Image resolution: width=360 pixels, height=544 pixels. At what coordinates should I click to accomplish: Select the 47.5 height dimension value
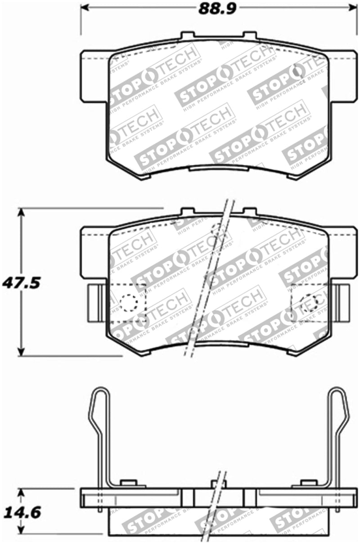(21, 283)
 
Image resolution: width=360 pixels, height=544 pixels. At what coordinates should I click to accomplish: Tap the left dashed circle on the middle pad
(129, 303)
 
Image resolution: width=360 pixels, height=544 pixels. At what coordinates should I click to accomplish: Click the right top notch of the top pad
(249, 36)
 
